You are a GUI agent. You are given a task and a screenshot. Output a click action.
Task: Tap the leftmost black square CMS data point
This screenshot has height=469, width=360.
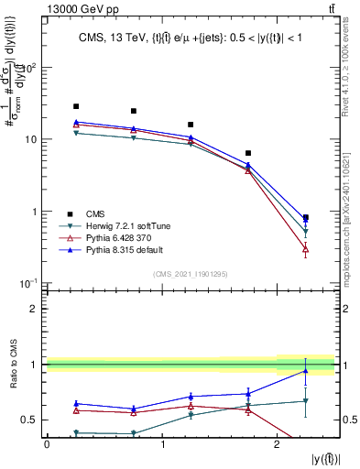(76, 106)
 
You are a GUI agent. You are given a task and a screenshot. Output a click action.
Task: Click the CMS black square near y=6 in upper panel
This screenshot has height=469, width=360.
(248, 153)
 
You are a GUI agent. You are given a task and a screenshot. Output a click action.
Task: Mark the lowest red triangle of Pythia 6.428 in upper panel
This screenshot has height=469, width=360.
(305, 249)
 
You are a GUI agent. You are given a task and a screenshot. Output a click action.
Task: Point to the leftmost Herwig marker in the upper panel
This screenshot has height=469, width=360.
(76, 134)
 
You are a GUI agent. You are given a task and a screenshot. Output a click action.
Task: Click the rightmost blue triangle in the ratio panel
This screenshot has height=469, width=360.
(305, 371)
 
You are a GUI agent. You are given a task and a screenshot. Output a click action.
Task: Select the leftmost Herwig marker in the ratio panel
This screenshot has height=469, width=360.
(76, 432)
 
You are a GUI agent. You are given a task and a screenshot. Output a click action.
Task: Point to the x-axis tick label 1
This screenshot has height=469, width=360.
(162, 444)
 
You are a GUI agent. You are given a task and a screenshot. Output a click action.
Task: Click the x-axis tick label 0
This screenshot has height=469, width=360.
(47, 444)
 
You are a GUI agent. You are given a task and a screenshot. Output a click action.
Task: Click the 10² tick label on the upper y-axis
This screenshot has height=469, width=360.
(30, 69)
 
